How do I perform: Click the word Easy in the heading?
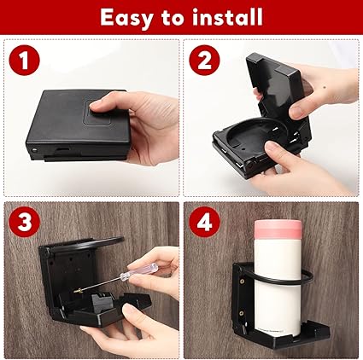coord(126,18)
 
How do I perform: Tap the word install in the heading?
coord(227,17)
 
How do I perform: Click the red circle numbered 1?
coord(24,60)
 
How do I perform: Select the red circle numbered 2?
coord(204,60)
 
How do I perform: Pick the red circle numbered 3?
coord(24,222)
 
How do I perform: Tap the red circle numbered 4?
coord(204,222)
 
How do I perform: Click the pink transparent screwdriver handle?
coord(138,272)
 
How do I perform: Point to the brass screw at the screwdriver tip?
coord(78,291)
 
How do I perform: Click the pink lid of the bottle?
coord(278,230)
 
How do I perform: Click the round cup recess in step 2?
coord(250,134)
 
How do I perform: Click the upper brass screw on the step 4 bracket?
coord(243,282)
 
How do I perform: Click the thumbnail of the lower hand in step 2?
coord(272,147)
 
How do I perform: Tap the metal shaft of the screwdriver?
coord(101,283)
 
